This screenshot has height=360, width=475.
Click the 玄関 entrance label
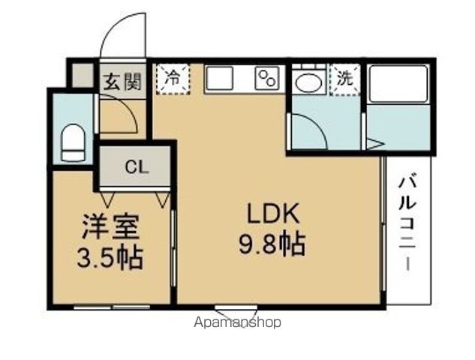click(122, 81)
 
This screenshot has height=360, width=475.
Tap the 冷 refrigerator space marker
click(173, 77)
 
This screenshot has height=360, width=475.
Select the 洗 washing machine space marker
click(344, 78)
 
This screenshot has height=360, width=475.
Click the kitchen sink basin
click(221, 78)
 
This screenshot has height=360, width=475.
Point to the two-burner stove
click(266, 78)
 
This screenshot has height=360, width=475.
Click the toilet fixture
click(73, 142)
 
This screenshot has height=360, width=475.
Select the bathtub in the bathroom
click(398, 84)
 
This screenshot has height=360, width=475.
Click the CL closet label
click(136, 167)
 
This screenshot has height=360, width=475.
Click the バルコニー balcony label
click(409, 223)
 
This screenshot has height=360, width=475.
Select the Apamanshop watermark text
click(237, 323)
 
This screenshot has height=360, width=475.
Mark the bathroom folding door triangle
click(373, 142)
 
